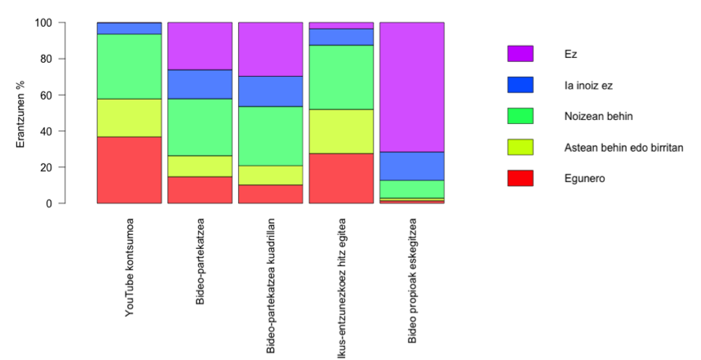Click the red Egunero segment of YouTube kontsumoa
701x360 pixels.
tap(129, 170)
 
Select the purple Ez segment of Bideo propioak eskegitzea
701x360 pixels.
tap(412, 87)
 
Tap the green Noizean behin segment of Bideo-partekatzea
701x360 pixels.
tap(200, 127)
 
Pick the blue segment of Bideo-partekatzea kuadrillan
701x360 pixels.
tap(270, 91)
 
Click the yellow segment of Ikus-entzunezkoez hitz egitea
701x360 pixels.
tap(341, 131)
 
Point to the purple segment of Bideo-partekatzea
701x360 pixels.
tap(200, 47)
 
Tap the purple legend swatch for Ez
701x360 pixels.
tap(520, 54)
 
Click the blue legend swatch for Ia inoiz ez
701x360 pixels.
tap(520, 85)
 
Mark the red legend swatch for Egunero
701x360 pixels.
tap(520, 178)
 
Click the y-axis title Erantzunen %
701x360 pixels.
tap(22, 113)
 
